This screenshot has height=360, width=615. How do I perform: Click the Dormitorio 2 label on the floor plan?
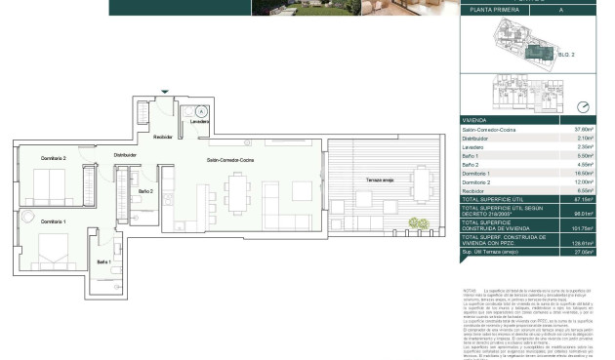coord(53,158)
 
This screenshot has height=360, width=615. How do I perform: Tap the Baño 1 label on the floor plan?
coord(103,261)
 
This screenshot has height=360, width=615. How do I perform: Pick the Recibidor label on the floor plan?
coord(162,137)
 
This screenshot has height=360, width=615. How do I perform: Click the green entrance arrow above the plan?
coord(165,92)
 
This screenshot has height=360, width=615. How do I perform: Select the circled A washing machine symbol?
coord(200,112)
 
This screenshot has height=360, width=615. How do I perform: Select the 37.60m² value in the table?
coord(584,129)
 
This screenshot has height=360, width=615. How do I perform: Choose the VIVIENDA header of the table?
coord(476,120)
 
